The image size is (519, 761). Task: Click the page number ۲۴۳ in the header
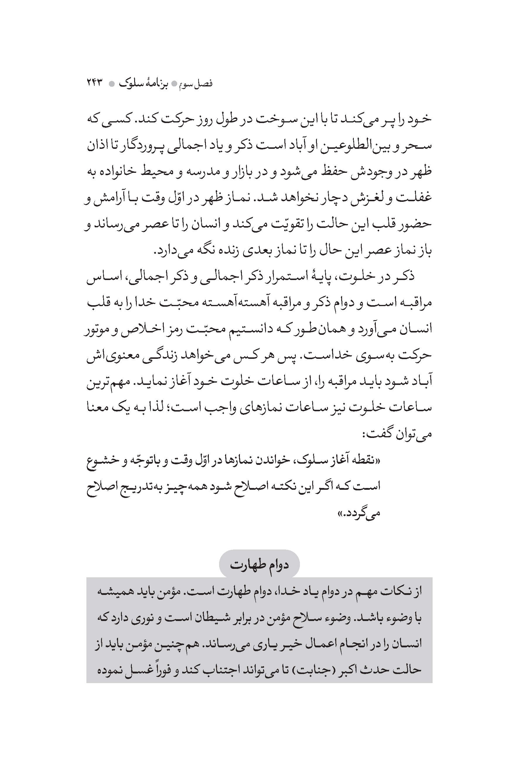95,83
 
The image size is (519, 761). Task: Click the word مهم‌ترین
100,381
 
